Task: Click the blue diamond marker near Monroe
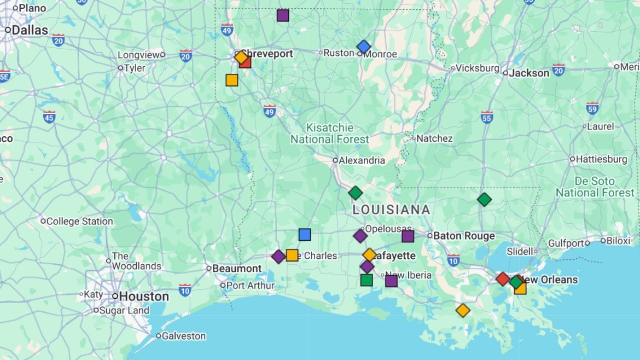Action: click(364, 47)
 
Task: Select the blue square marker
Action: click(305, 235)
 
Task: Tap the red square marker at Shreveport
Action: click(245, 62)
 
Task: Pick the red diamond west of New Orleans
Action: click(503, 279)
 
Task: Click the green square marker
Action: click(366, 280)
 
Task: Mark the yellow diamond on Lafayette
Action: click(370, 255)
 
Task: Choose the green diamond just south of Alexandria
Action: click(356, 193)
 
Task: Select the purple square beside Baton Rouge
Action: click(408, 236)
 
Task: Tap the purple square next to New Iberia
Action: click(391, 281)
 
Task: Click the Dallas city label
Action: click(30, 30)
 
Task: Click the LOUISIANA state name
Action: click(391, 210)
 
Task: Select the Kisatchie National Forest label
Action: click(329, 133)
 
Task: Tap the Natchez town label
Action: click(434, 138)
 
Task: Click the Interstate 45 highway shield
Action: click(49, 117)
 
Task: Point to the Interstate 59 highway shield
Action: click(592, 108)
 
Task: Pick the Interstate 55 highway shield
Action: click(487, 117)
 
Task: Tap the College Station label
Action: click(79, 222)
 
